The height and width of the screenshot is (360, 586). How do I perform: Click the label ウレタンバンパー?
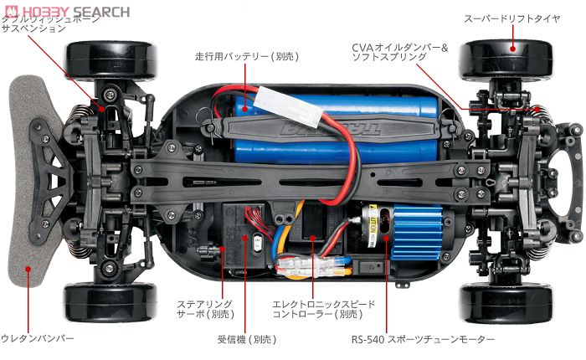pos(38,338)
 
